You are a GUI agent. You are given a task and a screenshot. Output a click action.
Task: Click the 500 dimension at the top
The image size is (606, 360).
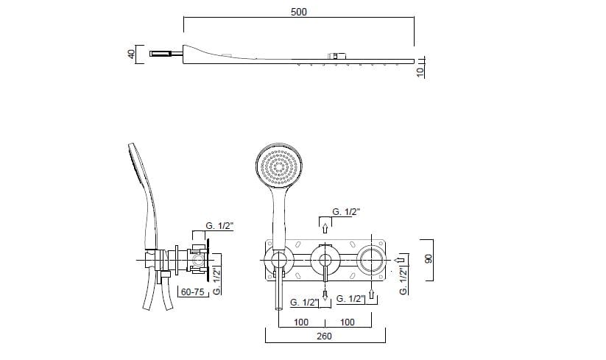coord(298,12)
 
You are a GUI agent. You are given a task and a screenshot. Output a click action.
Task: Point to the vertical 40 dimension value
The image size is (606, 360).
coord(131,54)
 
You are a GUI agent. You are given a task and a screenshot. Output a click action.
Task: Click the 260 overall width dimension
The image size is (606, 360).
coord(324,336)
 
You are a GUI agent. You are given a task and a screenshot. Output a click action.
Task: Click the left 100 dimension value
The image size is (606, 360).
coord(300,322)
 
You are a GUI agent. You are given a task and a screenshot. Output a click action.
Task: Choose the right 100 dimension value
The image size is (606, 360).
coord(348,322)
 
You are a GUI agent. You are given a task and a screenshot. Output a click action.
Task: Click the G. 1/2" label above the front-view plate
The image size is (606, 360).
coord(346,211)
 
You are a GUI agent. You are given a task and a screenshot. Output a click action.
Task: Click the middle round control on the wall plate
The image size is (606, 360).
coord(323,258)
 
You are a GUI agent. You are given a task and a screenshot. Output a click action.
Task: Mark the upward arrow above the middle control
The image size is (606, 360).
coord(323,223)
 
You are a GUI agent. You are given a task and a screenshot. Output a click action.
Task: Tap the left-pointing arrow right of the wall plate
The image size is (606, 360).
coord(401,259)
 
